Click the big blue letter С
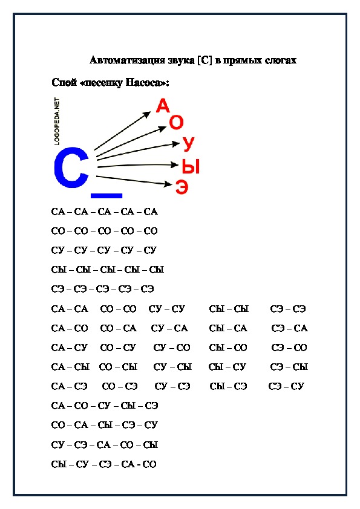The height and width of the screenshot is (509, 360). point(62,167)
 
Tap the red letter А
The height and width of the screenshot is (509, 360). point(163,106)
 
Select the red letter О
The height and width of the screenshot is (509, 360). point(176,122)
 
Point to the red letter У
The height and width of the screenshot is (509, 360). point(188,144)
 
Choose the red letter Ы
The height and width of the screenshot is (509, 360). point(191,166)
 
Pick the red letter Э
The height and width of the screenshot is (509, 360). point(182,187)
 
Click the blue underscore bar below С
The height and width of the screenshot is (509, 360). point(106,196)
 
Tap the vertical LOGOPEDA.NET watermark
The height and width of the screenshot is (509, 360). point(57,121)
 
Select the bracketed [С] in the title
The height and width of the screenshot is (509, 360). point(205,60)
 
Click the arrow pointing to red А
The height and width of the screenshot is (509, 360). point(122,131)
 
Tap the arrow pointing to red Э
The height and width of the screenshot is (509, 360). point(134,181)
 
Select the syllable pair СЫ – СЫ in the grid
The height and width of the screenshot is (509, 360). point(229,309)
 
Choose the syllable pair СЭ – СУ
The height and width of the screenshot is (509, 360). point(286,386)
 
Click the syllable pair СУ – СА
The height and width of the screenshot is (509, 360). point(169,328)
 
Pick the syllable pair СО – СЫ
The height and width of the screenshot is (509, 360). point(118,367)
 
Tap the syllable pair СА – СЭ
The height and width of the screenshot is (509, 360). point(69,386)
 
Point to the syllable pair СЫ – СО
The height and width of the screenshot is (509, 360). point(228,348)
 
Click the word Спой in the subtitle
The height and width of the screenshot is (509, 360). point(64,82)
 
